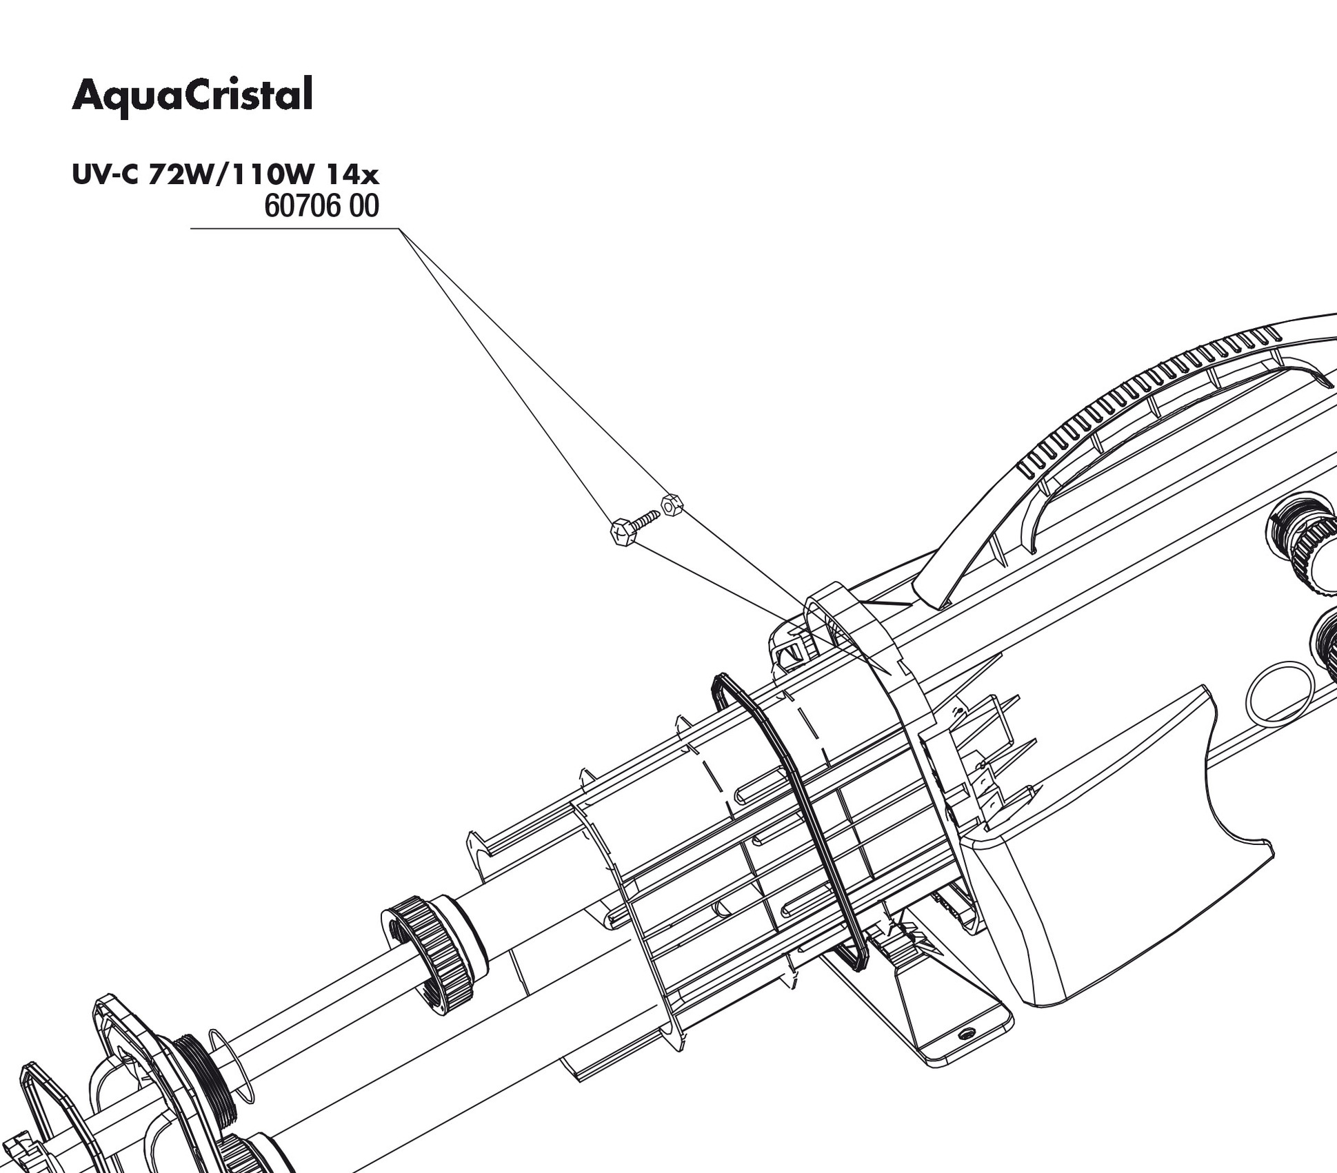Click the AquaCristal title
[x=192, y=96]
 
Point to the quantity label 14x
[x=356, y=176]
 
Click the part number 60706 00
[x=321, y=207]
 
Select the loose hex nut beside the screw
[x=671, y=505]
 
